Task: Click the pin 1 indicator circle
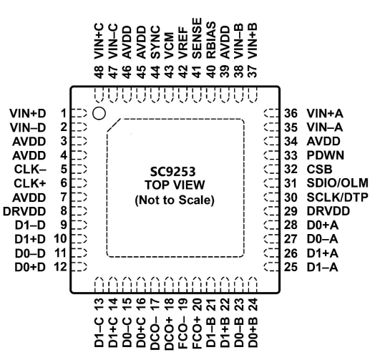[99, 113]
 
